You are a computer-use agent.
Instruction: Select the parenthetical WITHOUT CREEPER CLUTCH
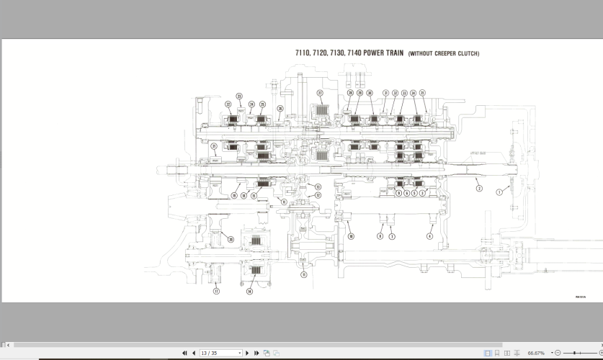coord(443,54)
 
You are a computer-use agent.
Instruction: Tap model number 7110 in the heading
coord(303,53)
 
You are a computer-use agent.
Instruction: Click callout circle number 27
coord(320,93)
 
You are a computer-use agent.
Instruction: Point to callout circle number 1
coord(498,192)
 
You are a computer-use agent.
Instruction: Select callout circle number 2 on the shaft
coord(478,189)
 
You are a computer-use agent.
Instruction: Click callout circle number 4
coord(430,235)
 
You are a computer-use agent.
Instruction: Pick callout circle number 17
coord(216,292)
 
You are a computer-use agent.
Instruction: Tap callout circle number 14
coord(249,292)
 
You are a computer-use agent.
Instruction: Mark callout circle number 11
coord(303,274)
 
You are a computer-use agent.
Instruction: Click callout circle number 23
coord(239,96)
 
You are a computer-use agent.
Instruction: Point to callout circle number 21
coord(213,146)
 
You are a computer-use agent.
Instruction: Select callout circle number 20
coord(231,239)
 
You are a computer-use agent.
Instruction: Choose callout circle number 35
coord(423,93)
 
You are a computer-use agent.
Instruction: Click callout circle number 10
coord(351,235)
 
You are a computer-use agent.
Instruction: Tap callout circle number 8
coord(380,235)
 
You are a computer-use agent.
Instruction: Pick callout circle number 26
coord(280,109)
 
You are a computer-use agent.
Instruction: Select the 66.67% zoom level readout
coord(536,354)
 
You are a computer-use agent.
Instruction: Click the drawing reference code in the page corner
coord(580,297)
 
